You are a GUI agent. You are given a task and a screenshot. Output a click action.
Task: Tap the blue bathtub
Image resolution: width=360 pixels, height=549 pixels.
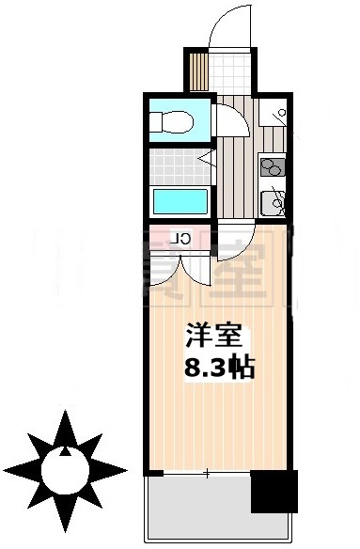pos(179,201)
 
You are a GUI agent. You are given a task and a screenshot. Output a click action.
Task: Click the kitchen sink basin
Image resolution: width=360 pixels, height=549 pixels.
pos(275,200)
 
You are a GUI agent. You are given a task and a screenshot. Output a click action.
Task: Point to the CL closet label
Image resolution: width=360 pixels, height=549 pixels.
pos(184,238)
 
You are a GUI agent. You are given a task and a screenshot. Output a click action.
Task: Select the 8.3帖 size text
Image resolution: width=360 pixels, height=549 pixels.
pos(218,367)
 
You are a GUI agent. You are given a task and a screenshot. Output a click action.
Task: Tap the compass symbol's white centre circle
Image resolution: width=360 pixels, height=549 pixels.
pos(65,467)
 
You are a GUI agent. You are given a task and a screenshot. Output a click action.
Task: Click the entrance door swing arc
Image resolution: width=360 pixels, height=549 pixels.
pos(227,24)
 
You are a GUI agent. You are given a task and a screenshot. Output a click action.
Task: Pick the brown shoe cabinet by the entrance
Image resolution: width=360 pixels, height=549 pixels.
pos(197,69)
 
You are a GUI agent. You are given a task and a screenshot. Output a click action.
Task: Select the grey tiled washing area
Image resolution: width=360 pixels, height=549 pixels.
pos(179,165)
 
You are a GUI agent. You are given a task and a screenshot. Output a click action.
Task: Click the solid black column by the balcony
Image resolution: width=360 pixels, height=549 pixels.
pos(274,491)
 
